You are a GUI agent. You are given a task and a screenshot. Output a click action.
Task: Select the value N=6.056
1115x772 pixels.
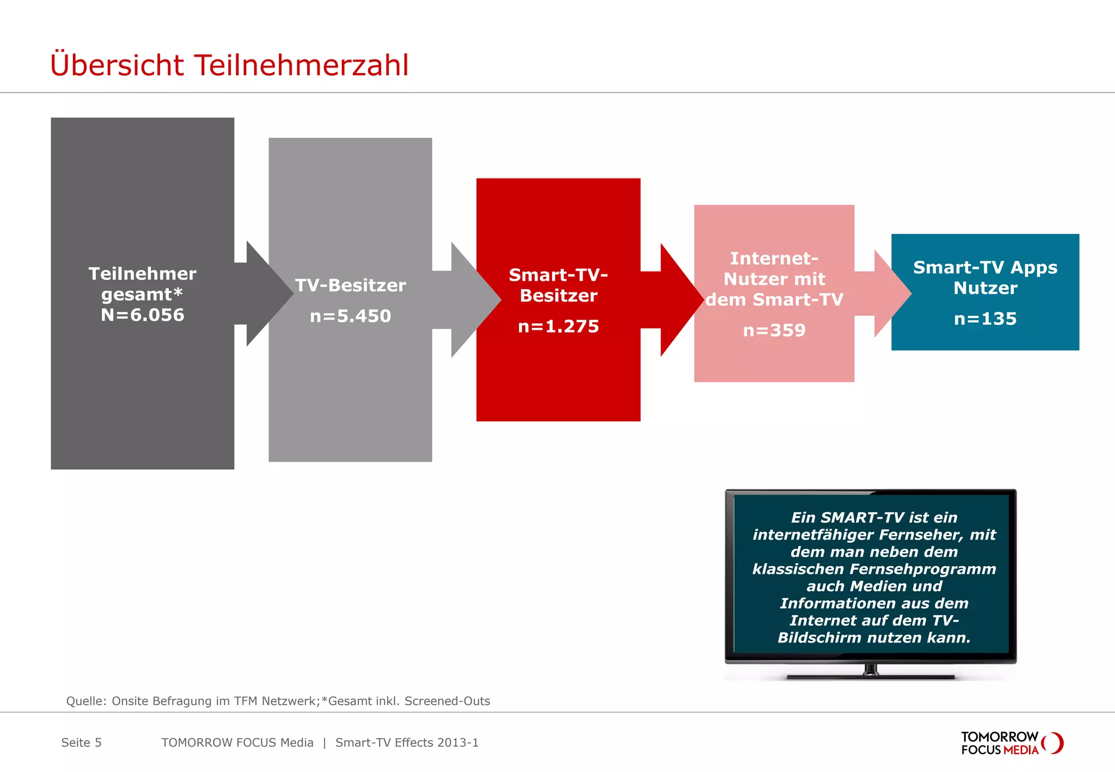click(143, 315)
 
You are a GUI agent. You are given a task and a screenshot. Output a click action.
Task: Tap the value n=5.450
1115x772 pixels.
click(350, 316)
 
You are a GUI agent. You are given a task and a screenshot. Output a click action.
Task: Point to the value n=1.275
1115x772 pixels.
click(558, 327)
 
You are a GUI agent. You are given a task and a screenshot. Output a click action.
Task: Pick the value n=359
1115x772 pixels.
click(774, 330)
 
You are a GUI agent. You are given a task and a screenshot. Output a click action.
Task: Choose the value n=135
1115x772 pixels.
click(985, 319)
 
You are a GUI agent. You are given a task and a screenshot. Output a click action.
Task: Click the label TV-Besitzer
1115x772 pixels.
click(350, 286)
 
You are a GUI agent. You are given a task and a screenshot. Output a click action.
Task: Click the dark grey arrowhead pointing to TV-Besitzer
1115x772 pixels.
click(267, 294)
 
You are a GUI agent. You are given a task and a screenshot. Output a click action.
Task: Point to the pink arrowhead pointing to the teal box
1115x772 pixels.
click(890, 294)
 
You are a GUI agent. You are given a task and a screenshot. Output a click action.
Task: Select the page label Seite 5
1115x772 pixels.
click(81, 743)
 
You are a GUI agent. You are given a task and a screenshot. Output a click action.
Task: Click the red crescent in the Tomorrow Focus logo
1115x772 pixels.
click(1058, 743)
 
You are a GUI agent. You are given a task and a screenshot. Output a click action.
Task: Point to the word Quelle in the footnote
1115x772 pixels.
click(85, 701)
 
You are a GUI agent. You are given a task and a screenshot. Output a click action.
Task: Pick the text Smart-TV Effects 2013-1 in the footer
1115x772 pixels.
click(407, 743)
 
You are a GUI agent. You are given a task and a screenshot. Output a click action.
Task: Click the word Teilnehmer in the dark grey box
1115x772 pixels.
click(143, 274)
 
